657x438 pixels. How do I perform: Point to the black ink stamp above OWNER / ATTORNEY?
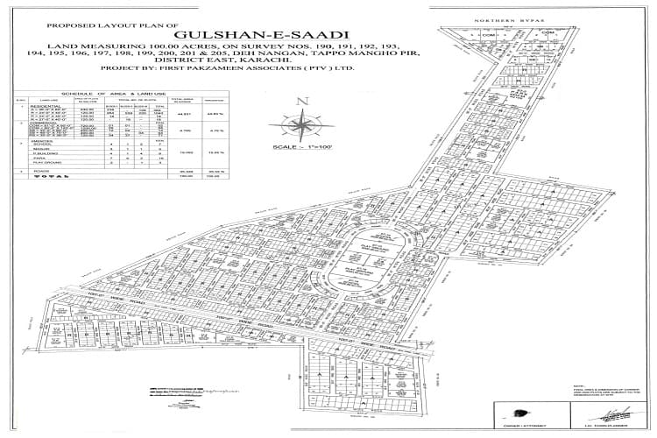click(x=517, y=411)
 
